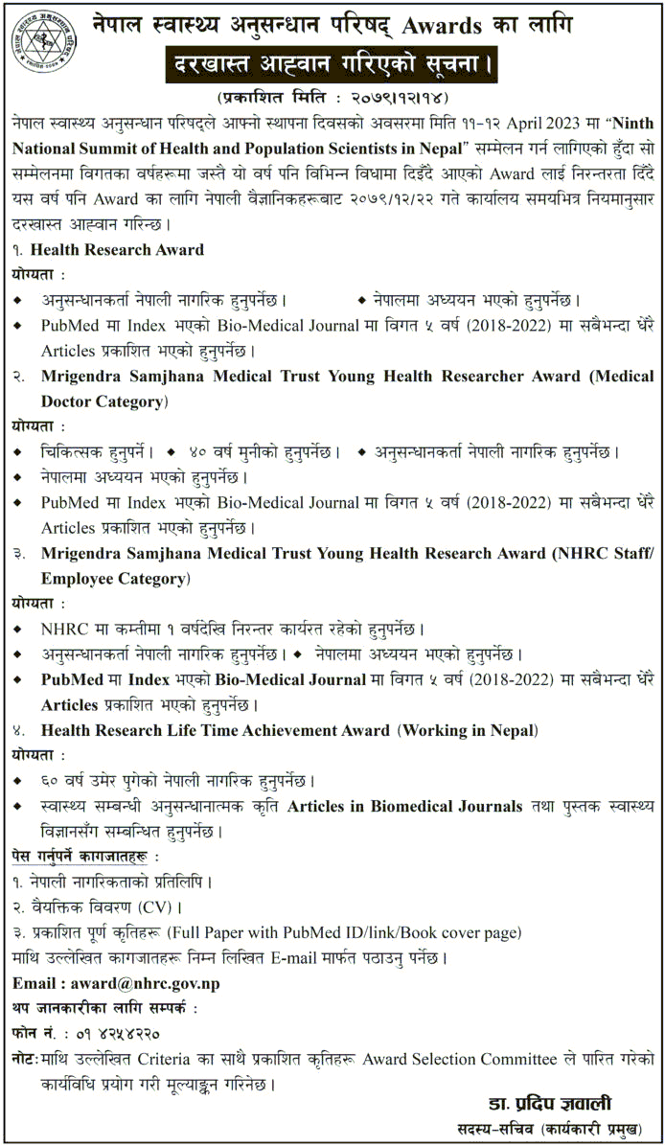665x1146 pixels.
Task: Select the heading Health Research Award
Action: [x=118, y=250]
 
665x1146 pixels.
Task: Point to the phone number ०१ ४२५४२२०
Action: [x=113, y=1035]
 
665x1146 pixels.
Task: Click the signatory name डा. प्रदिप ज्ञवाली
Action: [x=552, y=1102]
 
